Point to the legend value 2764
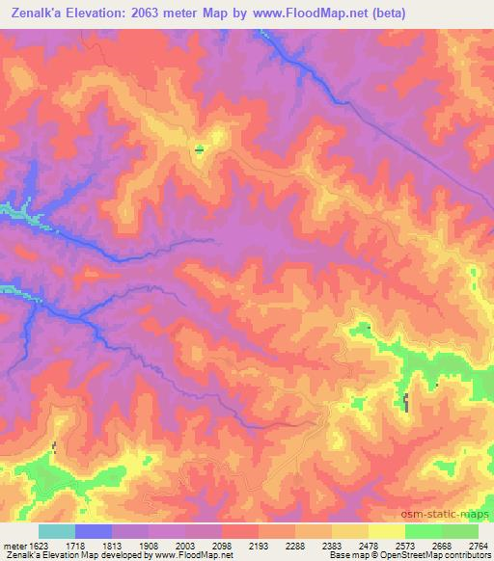click(x=479, y=545)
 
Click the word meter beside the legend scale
click(x=14, y=545)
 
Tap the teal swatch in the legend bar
click(x=57, y=531)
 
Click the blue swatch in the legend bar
click(x=94, y=531)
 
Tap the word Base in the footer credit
click(x=338, y=555)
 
